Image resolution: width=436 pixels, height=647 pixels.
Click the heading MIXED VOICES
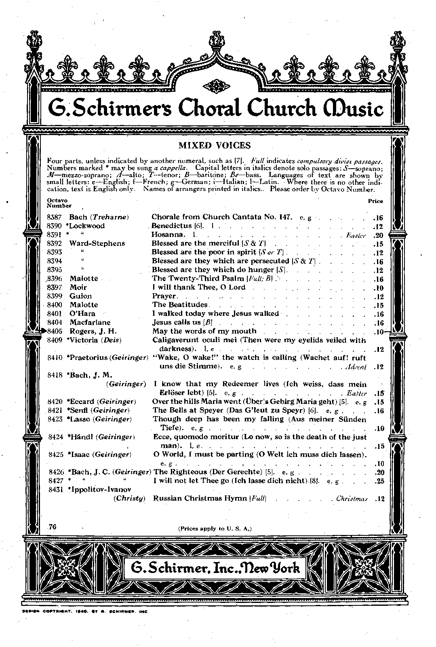click(x=215, y=146)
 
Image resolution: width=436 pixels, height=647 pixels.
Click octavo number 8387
click(x=54, y=217)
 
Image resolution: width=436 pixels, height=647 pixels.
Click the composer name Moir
click(x=78, y=288)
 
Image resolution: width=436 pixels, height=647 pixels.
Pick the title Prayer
click(x=164, y=296)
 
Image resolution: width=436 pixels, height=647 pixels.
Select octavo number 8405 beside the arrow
click(x=54, y=331)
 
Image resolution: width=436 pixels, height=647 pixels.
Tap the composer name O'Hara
click(x=82, y=314)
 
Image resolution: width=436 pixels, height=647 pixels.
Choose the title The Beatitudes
click(x=180, y=305)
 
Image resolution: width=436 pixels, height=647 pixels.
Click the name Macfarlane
click(x=90, y=323)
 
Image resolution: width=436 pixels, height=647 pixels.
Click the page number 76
click(x=52, y=526)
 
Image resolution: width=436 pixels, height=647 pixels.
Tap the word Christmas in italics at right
click(x=351, y=499)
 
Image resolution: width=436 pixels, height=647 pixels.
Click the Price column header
click(x=375, y=201)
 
